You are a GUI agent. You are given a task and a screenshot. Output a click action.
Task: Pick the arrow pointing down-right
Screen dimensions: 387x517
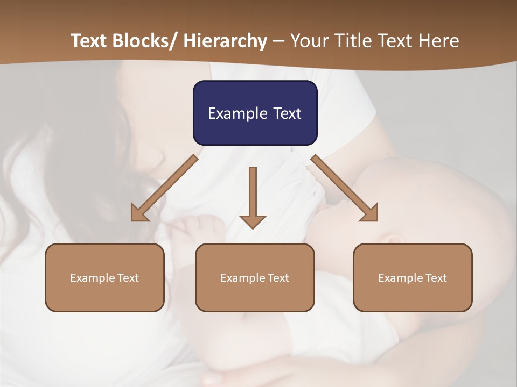click(x=345, y=188)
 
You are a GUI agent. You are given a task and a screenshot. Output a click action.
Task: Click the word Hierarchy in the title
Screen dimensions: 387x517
click(x=225, y=41)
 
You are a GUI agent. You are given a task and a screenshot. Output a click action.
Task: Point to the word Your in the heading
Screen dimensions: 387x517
click(x=309, y=41)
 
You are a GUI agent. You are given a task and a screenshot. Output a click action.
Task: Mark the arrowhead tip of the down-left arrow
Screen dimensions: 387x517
click(x=132, y=220)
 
